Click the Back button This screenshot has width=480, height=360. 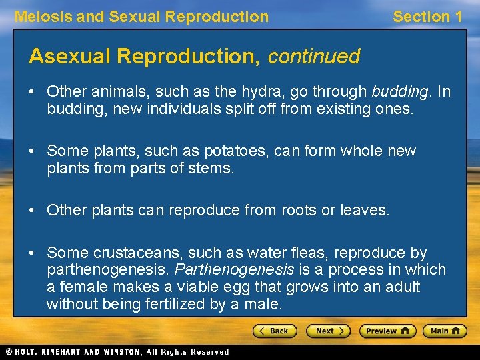point(275,331)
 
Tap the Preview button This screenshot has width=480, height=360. point(387,331)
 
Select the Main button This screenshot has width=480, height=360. point(445,331)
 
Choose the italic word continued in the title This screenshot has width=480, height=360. point(313,57)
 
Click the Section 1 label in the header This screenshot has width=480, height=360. point(427,17)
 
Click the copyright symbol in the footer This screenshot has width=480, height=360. point(9,351)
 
